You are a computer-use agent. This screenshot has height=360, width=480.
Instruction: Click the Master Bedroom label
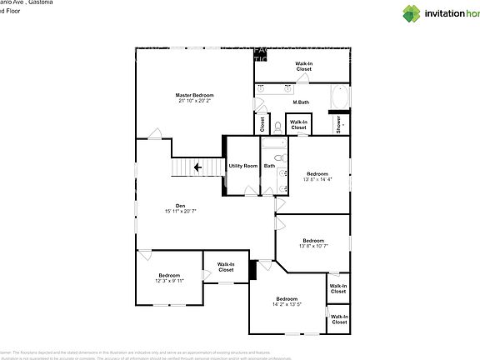click(194, 97)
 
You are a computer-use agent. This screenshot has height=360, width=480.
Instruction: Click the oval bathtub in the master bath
click(342, 97)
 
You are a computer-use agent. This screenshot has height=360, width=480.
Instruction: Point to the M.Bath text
click(301, 102)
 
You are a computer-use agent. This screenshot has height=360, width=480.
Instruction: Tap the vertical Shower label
click(338, 124)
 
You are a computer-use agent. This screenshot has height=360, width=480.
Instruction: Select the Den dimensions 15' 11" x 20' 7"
click(180, 212)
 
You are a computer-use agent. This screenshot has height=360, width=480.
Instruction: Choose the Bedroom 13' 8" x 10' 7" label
click(313, 242)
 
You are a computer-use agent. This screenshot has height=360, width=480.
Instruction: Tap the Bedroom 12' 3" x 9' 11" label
click(169, 277)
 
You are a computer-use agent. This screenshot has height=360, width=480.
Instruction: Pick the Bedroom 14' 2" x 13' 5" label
click(287, 302)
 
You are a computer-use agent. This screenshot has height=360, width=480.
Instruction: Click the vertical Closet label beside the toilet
click(262, 125)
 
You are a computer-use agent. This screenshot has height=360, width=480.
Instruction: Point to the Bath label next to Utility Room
click(269, 166)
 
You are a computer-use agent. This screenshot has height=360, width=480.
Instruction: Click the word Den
click(180, 206)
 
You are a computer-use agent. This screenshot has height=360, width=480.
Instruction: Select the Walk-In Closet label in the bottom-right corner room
click(338, 319)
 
